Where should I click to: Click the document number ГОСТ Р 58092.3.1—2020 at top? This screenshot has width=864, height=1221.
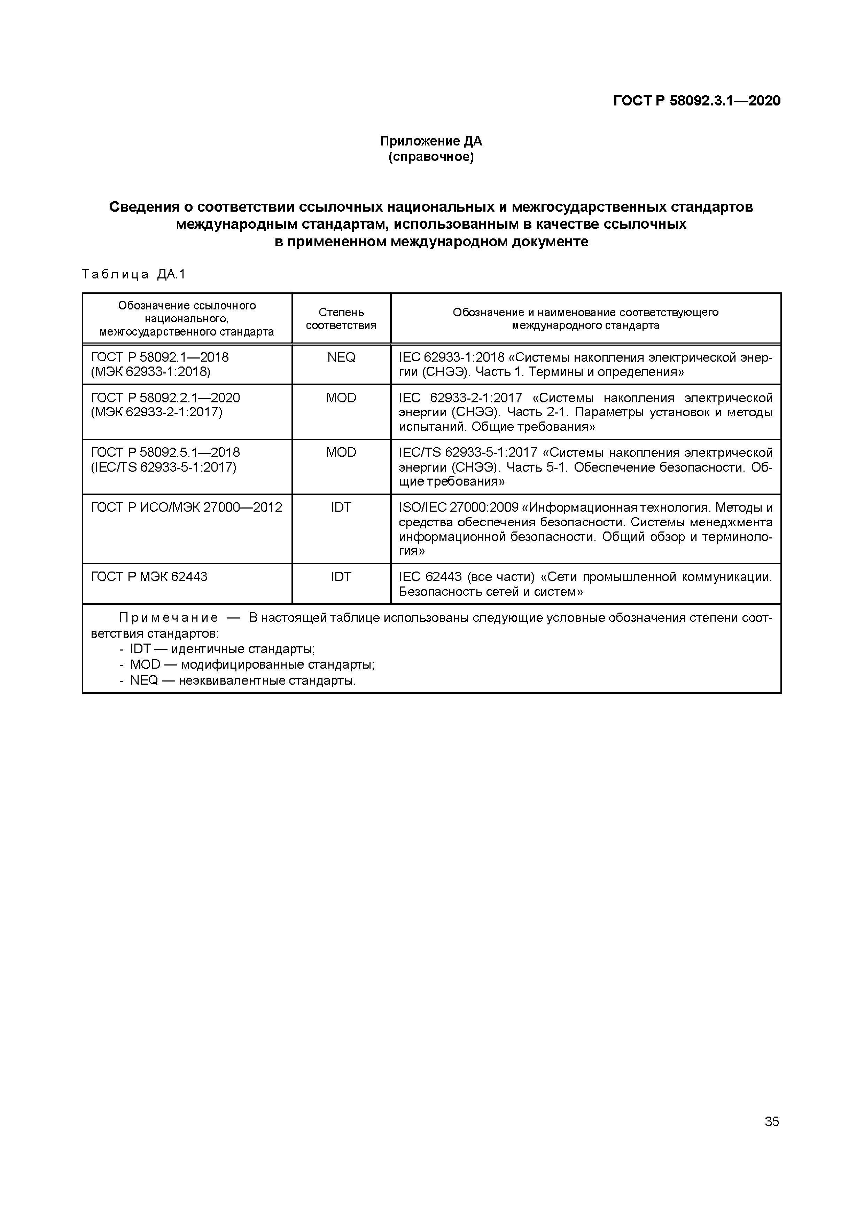click(x=697, y=101)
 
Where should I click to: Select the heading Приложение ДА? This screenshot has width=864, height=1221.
click(x=431, y=141)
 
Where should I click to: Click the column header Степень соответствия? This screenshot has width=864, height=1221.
click(x=341, y=318)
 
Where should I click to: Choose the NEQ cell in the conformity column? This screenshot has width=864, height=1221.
click(x=341, y=357)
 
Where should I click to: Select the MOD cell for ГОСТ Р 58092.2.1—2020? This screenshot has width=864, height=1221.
click(x=341, y=398)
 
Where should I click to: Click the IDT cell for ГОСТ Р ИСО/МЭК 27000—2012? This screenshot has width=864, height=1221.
click(x=341, y=507)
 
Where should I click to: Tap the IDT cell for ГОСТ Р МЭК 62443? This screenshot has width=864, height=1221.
click(x=341, y=577)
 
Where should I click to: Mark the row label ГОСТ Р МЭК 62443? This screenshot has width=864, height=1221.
click(x=149, y=577)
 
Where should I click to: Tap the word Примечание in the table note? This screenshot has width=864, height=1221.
click(x=169, y=618)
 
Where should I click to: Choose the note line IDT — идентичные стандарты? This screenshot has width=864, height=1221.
click(x=223, y=649)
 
